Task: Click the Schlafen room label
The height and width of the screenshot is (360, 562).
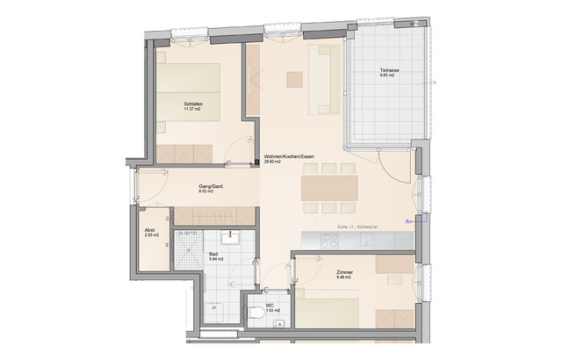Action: [193, 104]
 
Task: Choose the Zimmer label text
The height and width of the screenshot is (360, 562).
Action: [344, 273]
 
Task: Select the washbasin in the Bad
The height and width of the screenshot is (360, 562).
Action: [234, 237]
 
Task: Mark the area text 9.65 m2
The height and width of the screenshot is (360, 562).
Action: [387, 76]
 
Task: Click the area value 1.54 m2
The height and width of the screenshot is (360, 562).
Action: [272, 311]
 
